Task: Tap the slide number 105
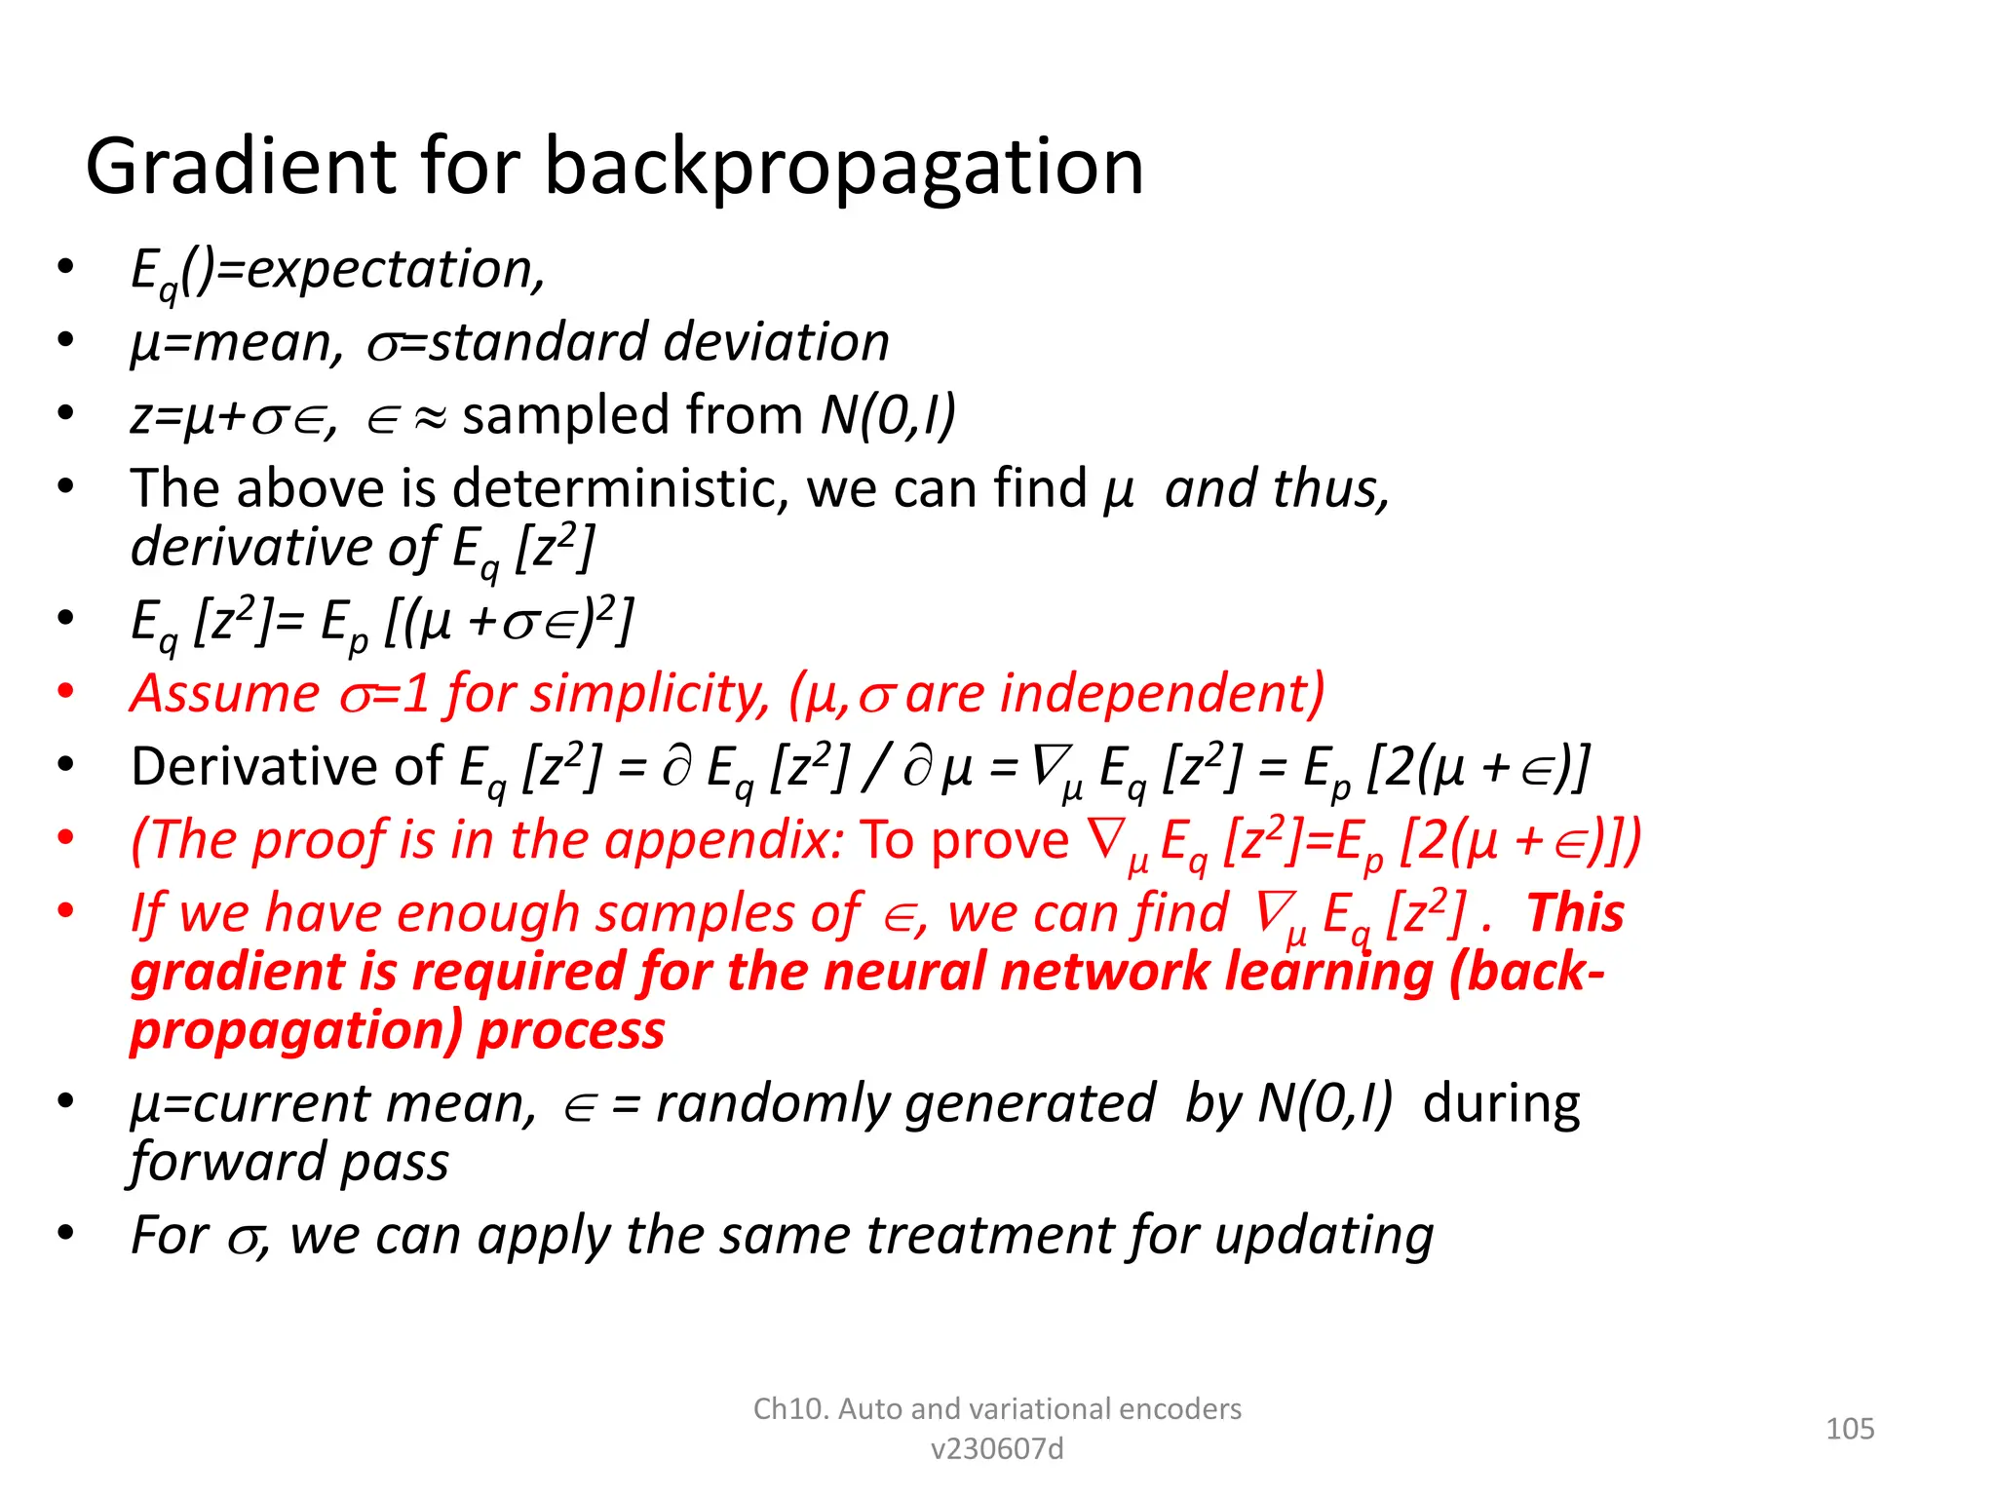[1849, 1429]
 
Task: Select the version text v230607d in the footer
[997, 1449]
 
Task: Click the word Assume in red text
[225, 694]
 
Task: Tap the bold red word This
[1575, 913]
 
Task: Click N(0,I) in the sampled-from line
[888, 415]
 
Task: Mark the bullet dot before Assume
[65, 692]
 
